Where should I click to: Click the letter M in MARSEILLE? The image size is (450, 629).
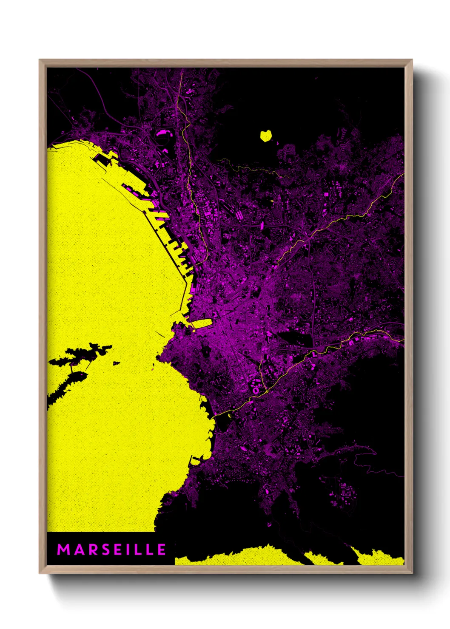63,550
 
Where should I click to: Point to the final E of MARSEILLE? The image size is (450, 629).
162,550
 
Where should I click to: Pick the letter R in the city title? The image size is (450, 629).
88,550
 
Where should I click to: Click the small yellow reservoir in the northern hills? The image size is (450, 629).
266,136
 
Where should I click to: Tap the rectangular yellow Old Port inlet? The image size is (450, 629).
203,323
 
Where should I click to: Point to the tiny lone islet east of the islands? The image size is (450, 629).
116,363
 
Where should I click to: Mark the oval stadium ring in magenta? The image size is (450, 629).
256,388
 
